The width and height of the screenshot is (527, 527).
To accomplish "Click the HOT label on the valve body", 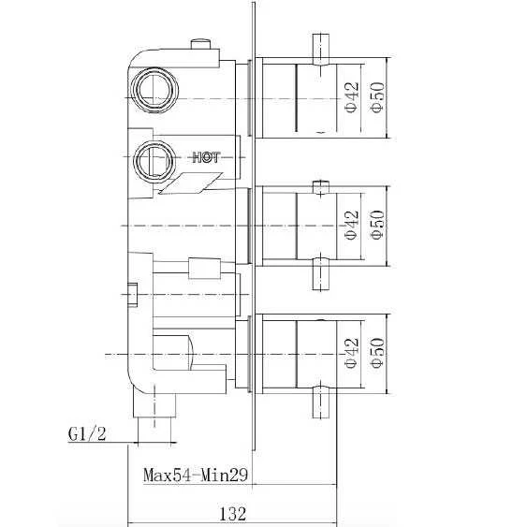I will [205, 157].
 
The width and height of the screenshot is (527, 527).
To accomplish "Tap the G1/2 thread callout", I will [86, 434].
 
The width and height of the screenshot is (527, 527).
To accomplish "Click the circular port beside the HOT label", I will [152, 160].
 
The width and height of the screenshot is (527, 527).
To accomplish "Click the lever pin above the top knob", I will [320, 47].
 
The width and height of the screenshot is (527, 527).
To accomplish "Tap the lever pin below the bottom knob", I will [320, 400].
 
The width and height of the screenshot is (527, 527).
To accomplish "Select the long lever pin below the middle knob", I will [320, 276].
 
